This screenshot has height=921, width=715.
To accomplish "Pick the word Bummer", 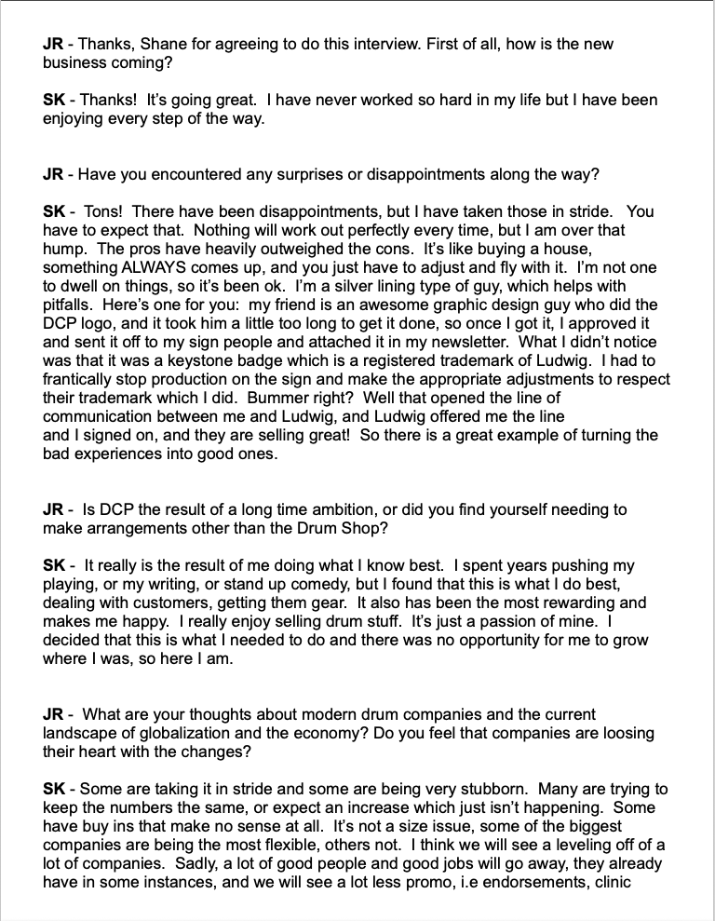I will pos(383,398).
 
